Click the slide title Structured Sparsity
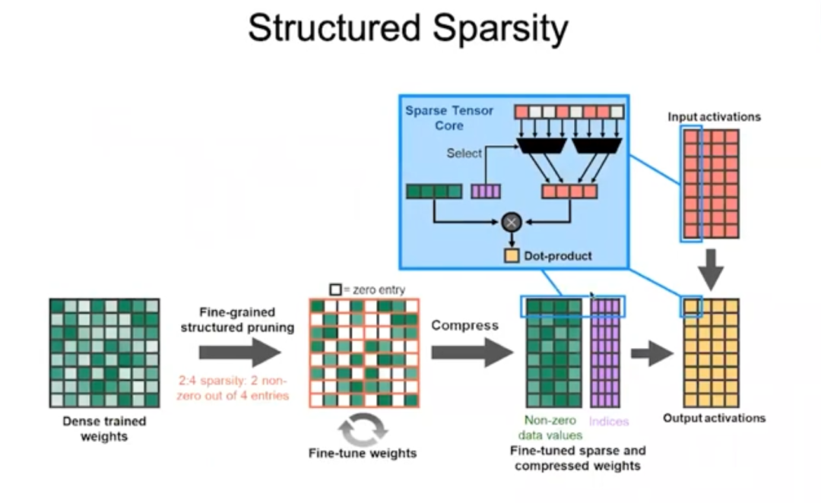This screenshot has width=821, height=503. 408,29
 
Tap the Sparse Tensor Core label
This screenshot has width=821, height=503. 449,118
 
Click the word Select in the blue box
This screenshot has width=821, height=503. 464,153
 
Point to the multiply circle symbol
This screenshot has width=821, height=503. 511,222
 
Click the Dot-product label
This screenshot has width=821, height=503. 558,256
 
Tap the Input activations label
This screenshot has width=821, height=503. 714,117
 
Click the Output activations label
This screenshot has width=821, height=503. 714,418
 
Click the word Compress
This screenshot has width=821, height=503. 465,325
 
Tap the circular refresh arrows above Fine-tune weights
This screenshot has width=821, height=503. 363,430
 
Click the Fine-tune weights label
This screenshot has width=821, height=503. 363,454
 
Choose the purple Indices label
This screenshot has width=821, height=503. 609,420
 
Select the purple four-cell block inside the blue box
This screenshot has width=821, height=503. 485,191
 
